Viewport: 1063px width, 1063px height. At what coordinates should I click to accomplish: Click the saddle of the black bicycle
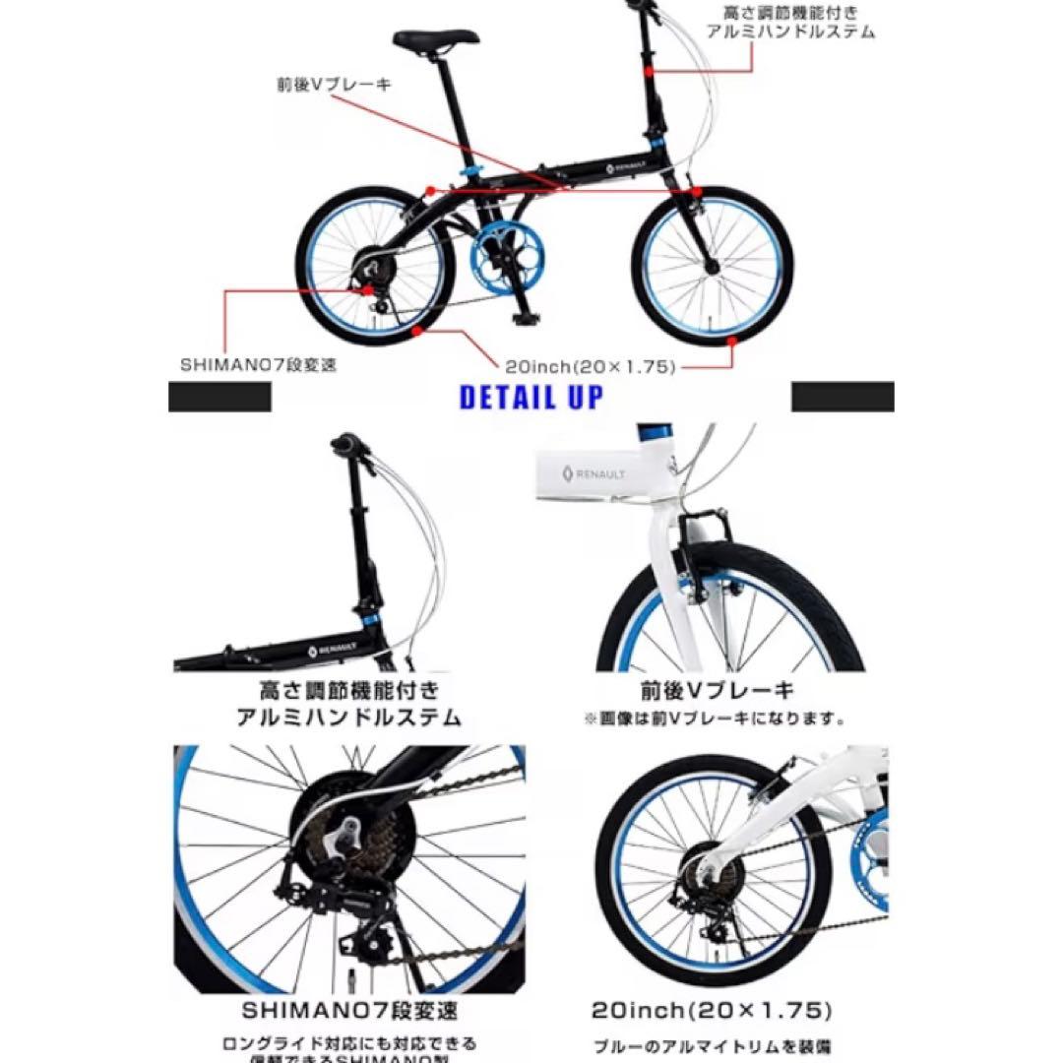coord(435,38)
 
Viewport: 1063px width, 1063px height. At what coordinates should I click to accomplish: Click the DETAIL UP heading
coord(531,398)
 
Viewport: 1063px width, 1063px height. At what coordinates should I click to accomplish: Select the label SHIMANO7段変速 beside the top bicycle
coord(259,364)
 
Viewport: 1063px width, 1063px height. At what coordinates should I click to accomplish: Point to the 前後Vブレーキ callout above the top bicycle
coord(334,85)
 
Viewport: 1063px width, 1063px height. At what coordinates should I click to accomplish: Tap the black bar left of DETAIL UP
coord(219,397)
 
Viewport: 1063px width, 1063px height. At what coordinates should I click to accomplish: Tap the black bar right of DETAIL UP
coord(843,397)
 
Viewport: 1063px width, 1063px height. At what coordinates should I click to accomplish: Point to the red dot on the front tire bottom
coord(732,341)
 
